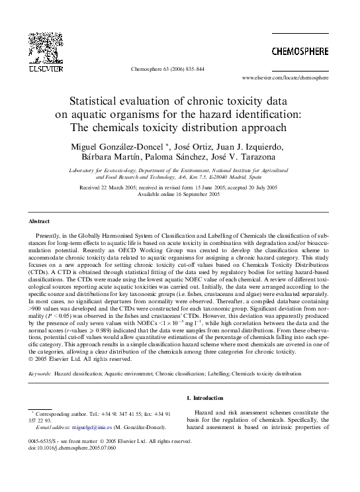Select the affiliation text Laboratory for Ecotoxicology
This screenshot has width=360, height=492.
coord(107,170)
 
